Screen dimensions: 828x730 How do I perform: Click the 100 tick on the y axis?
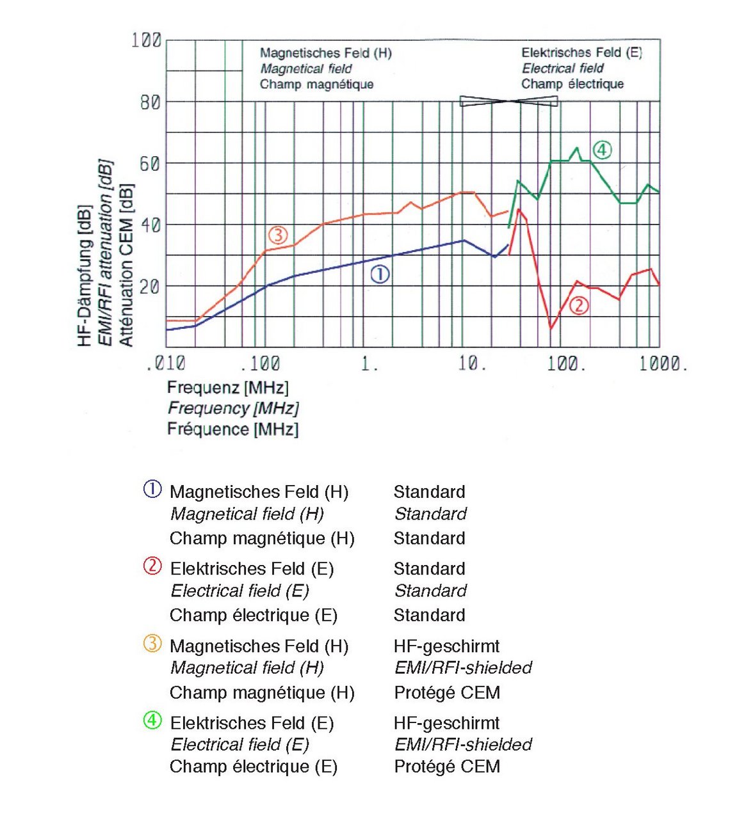click(x=147, y=40)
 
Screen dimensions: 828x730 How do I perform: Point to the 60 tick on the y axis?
click(x=150, y=164)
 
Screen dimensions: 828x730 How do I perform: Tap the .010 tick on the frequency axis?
click(x=166, y=364)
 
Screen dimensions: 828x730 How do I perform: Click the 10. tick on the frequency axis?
click(x=472, y=364)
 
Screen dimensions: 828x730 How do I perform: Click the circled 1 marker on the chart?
click(x=380, y=275)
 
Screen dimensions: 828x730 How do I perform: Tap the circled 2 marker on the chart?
click(x=578, y=305)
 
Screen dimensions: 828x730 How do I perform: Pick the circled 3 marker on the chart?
click(x=277, y=235)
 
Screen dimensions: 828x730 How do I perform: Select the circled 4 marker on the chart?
click(x=602, y=150)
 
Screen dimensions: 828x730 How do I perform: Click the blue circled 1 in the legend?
click(x=152, y=490)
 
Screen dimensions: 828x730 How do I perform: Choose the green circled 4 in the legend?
click(x=152, y=721)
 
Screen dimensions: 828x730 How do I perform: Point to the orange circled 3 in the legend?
click(x=152, y=644)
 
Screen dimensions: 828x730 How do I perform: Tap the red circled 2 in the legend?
click(x=152, y=566)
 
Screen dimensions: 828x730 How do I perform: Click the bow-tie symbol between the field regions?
click(x=509, y=101)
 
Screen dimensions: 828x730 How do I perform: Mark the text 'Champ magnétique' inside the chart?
click(x=316, y=84)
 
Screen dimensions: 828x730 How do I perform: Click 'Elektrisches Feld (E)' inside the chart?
click(x=581, y=53)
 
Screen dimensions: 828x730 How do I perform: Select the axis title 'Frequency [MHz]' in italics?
click(x=233, y=408)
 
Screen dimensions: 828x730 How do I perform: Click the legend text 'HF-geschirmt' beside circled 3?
click(x=446, y=646)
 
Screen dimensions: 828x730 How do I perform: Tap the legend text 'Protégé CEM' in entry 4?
click(x=447, y=767)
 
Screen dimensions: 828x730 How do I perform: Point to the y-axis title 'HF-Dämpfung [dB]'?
click(x=85, y=276)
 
